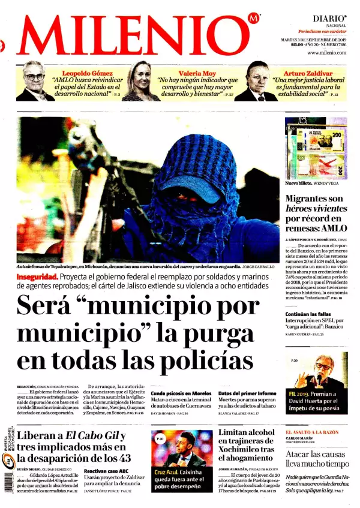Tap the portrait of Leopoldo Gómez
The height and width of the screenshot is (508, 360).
35,82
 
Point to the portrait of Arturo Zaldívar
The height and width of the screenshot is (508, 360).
254,82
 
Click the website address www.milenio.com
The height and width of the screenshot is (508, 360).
326,53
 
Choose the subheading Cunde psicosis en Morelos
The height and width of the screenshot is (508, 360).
180,393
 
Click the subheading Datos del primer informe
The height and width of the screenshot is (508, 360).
247,393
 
